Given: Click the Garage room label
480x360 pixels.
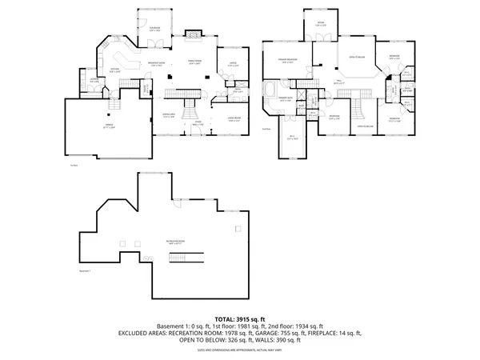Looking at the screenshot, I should click(x=107, y=126).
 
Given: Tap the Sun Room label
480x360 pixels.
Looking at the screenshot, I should click(x=151, y=29).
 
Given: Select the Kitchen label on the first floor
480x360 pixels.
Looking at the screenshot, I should click(x=114, y=70).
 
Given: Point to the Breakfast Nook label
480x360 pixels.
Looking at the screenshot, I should click(x=156, y=65).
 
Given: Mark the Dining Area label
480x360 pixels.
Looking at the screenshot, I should click(x=169, y=116).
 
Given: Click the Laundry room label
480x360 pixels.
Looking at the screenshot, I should click(x=94, y=80).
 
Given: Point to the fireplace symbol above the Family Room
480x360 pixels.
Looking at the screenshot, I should click(x=194, y=34).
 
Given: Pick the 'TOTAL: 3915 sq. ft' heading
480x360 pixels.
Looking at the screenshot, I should click(x=240, y=318).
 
